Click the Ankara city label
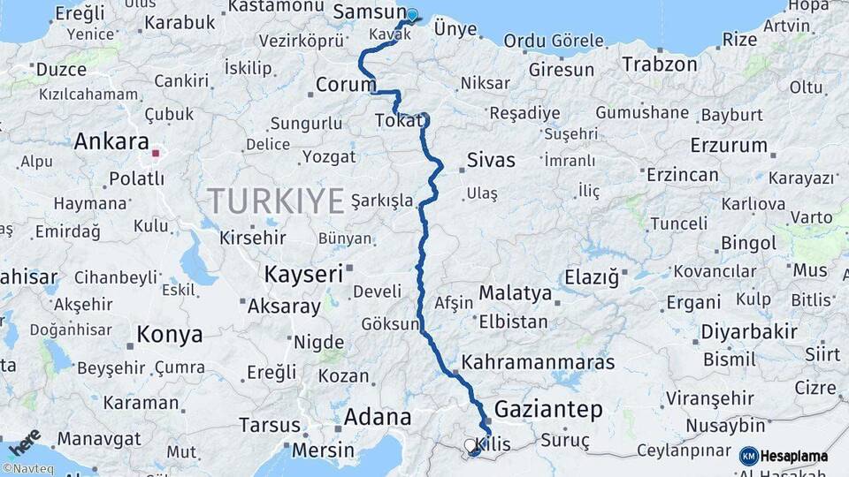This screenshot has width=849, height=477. point(111,141)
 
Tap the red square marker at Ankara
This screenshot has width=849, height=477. point(156,153)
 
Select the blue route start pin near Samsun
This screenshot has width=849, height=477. point(411,15)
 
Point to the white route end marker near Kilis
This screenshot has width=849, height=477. point(470,446)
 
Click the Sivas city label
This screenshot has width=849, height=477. point(492,161)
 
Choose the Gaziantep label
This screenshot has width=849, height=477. point(548,409)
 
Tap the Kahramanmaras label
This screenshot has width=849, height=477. point(538,362)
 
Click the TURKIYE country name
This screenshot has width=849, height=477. point(276,201)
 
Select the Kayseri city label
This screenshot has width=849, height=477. point(302,275)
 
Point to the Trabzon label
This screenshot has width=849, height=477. point(660,64)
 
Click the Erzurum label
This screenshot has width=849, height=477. point(729,145)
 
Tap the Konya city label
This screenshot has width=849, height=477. point(170,336)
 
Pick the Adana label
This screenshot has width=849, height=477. point(378,417)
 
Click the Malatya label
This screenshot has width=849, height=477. point(515,292)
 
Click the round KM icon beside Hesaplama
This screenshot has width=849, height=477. point(748,456)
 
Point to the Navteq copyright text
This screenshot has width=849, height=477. point(27,469)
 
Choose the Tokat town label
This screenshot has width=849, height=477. point(394,121)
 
